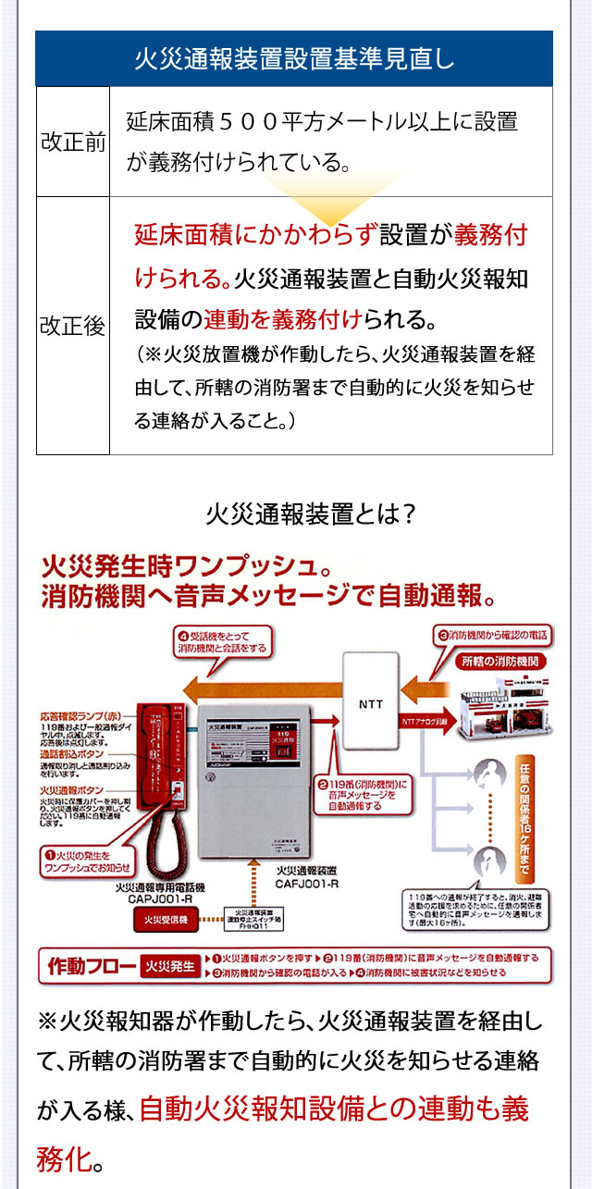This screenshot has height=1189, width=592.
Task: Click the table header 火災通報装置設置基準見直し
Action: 294,60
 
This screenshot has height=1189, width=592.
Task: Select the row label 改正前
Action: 73,143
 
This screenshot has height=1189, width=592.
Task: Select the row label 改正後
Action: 73,327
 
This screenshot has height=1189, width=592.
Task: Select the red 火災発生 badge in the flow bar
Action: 170,966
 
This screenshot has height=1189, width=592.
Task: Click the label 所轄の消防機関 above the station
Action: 500,662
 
